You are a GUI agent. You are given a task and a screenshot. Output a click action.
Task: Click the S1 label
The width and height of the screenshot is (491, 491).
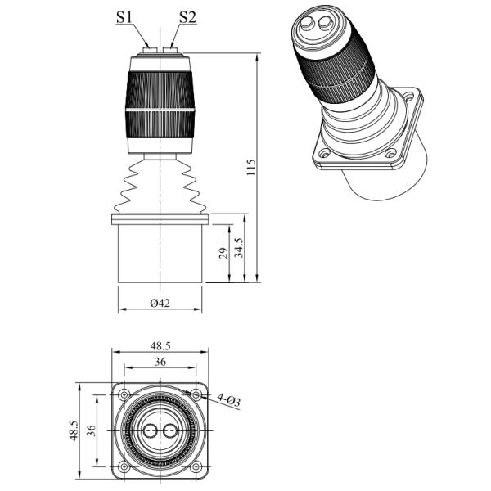coord(124,17)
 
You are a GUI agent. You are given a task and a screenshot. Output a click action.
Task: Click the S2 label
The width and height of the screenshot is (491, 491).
coord(187,17)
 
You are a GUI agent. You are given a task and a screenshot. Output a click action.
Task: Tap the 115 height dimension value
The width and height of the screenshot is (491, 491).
coord(251,168)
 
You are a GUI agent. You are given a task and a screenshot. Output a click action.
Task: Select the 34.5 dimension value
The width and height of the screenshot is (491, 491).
coord(239,247)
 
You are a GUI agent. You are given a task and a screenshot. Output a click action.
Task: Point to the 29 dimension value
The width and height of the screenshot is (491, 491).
coord(223,253)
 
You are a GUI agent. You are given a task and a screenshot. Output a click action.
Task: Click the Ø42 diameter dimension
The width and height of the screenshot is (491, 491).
coord(160,303)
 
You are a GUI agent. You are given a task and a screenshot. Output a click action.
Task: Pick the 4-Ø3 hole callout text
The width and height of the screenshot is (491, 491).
coord(229,400)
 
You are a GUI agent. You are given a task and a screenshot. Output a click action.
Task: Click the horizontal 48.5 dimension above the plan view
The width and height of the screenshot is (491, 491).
coord(160,346)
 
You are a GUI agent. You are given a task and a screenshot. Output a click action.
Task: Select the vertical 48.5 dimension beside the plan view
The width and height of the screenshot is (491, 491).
coord(74,431)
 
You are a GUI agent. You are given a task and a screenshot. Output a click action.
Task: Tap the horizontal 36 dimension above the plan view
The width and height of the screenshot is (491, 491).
coord(160,362)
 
